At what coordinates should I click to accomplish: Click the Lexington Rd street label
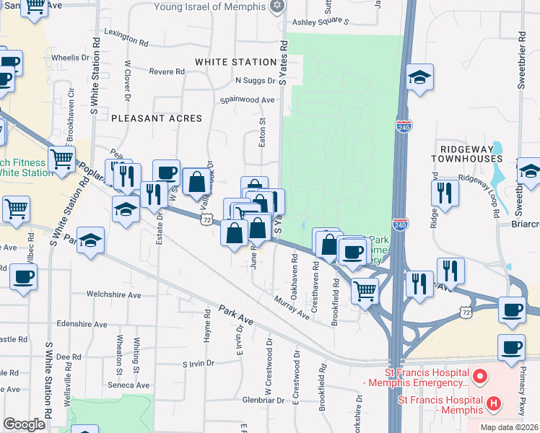(x=126, y=32)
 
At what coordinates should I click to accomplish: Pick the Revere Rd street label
(x=167, y=71)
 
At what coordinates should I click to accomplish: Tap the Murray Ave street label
(x=292, y=307)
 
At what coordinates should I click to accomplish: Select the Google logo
(x=24, y=424)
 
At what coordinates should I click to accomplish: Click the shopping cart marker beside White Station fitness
(x=62, y=159)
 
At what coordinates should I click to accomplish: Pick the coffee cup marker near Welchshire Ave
(x=23, y=276)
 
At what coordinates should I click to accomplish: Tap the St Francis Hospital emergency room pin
(x=477, y=376)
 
